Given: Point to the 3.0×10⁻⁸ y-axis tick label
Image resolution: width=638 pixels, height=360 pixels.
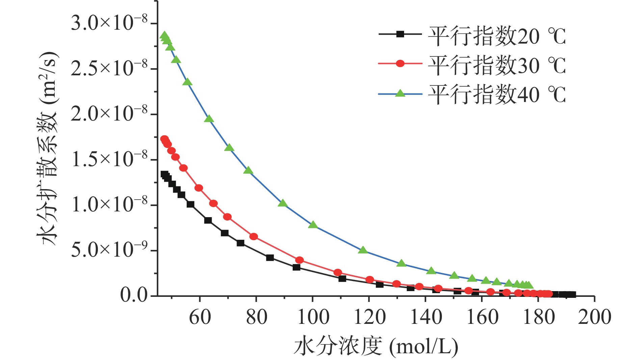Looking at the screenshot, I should tap(109, 24).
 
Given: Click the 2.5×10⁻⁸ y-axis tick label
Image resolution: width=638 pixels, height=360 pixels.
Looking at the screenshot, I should tap(109, 69).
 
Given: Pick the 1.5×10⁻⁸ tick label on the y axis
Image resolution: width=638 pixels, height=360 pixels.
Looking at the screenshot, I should tap(109, 160).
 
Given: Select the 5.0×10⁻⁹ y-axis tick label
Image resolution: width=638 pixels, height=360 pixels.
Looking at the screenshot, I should tap(109, 251).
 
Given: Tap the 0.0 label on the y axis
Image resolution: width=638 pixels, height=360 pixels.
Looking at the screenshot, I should tap(134, 296).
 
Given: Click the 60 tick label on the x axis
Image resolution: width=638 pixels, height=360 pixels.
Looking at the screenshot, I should tap(200, 317).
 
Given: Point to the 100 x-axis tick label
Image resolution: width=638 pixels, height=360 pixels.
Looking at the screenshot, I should tap(313, 317).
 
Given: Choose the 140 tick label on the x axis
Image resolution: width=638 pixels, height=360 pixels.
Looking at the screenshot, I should tap(426, 317).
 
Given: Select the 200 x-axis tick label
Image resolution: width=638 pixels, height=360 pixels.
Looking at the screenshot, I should tap(594, 317).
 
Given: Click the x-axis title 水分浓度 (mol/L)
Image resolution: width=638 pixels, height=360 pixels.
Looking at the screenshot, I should tap(376, 346).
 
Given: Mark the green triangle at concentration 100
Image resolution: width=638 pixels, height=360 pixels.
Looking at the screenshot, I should tap(313, 225).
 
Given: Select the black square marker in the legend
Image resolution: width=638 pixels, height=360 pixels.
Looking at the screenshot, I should tap(400, 34).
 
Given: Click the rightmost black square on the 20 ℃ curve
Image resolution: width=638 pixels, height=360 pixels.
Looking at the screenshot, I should tap(572, 295).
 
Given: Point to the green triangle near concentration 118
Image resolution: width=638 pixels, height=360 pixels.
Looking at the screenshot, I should tap(363, 250).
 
